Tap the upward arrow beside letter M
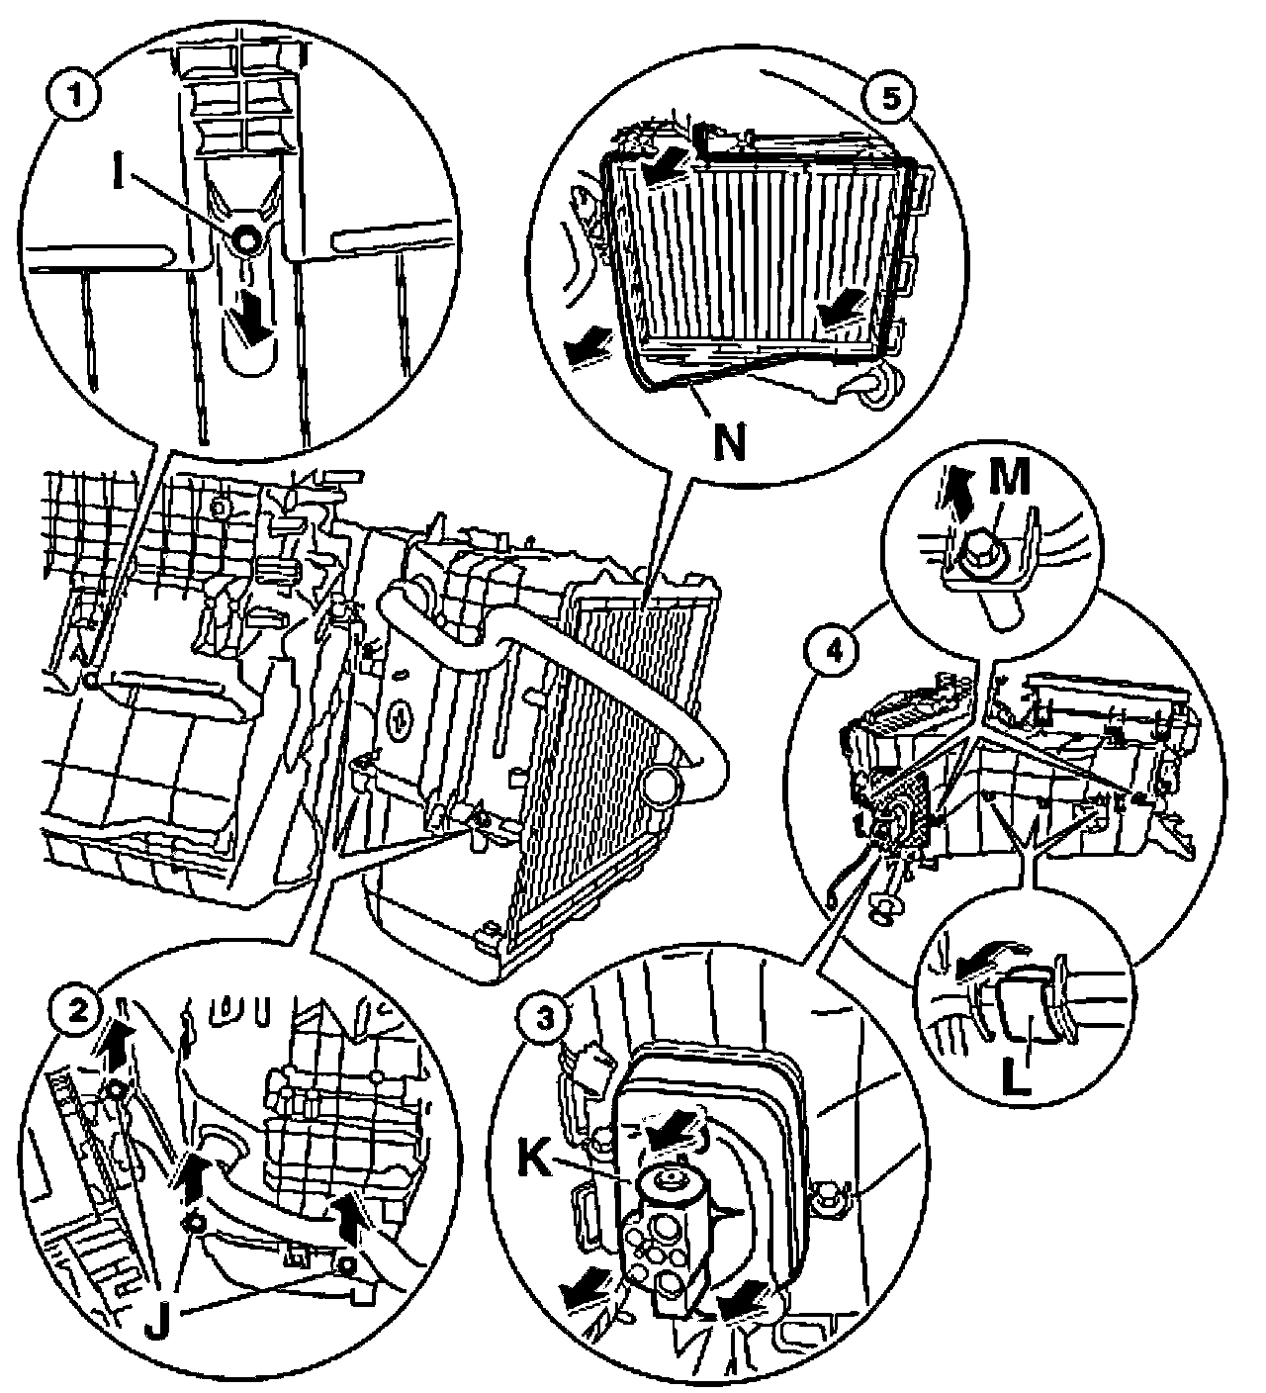(955, 487)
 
